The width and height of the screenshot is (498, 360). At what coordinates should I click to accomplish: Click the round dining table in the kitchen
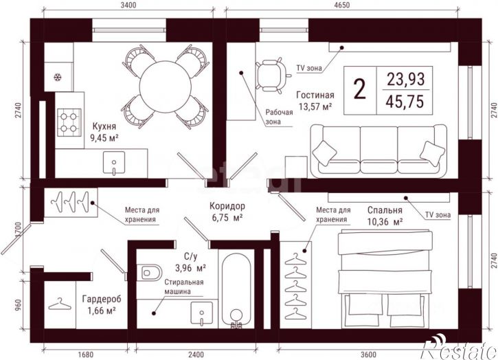[165, 87]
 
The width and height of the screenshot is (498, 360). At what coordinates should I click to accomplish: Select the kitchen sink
[114, 163]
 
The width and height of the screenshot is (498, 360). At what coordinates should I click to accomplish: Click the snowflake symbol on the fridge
[58, 77]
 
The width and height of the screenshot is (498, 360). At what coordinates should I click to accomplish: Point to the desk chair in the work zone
[273, 76]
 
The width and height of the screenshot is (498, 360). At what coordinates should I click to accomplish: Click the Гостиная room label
[315, 95]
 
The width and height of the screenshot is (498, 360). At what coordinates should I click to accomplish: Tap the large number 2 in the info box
[359, 89]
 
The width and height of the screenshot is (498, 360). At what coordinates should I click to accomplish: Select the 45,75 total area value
[405, 102]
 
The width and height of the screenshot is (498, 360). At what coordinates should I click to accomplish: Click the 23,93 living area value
[405, 79]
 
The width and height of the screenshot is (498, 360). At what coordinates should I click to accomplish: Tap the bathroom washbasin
[202, 313]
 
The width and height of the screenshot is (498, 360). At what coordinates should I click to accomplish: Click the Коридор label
[227, 206]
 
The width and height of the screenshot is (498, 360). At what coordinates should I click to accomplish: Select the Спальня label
[385, 210]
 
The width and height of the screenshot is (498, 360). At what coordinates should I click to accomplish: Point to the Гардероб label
[102, 300]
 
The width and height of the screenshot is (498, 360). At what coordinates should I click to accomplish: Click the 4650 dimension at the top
[341, 5]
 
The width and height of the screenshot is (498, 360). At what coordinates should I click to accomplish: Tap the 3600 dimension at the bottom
[368, 355]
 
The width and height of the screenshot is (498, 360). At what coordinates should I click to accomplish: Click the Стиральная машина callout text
[183, 286]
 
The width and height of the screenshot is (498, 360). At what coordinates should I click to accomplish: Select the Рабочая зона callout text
[279, 117]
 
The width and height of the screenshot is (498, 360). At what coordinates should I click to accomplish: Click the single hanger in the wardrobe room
[60, 304]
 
